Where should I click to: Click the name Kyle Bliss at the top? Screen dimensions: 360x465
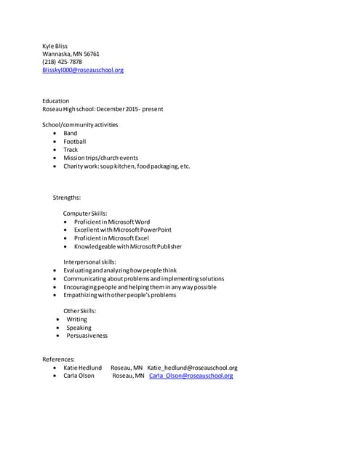(x=55, y=46)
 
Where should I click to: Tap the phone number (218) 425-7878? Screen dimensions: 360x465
(x=63, y=62)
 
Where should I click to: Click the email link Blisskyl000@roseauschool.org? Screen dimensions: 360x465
(x=83, y=70)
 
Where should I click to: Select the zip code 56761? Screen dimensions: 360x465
(x=90, y=54)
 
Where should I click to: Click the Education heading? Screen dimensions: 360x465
(x=56, y=101)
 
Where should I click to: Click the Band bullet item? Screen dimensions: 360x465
(x=70, y=133)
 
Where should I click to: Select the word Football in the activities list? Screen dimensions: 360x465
(x=74, y=141)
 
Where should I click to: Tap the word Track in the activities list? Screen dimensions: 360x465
(x=71, y=150)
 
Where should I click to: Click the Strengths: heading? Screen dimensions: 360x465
(x=67, y=198)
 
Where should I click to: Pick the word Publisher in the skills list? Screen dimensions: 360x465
(x=166, y=246)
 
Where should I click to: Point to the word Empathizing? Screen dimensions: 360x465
(x=81, y=295)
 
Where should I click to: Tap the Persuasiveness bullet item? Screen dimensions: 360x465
(x=87, y=336)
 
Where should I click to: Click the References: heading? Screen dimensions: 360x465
(x=60, y=360)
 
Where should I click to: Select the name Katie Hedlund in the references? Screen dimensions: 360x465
(x=82, y=368)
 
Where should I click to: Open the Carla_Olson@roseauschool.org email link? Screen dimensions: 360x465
(x=191, y=376)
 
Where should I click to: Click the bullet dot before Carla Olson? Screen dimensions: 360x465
(x=56, y=376)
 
